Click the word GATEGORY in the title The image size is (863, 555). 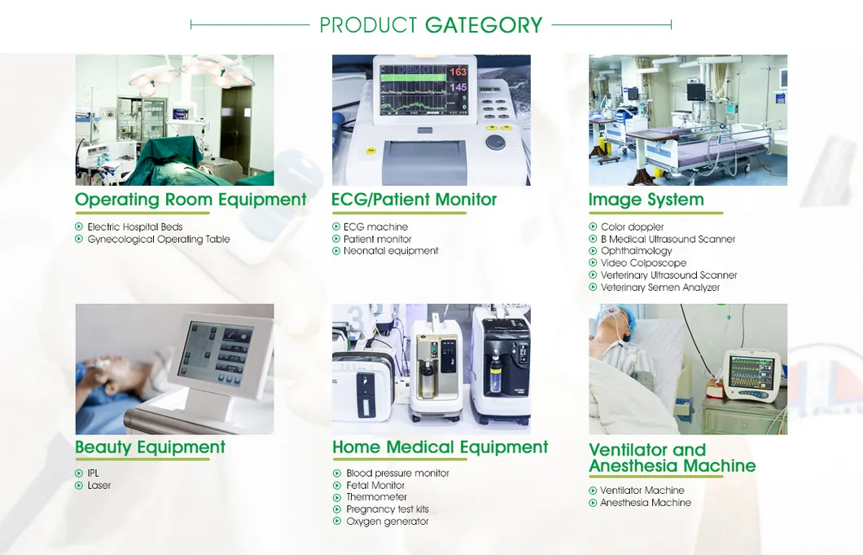tap(484, 25)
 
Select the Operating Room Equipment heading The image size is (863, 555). tap(191, 200)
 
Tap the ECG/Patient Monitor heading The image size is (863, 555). tap(414, 200)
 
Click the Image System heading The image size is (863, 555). tap(646, 200)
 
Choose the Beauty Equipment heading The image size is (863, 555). tap(150, 447)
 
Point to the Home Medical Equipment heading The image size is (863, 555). tap(440, 447)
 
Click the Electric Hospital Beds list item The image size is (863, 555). tap(134, 227)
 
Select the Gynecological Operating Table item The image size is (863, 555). tap(158, 240)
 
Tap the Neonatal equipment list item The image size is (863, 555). tap(391, 251)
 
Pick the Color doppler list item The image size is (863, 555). tap(632, 227)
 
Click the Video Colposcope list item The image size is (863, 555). tap(643, 263)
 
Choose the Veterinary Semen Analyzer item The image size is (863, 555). tap(659, 288)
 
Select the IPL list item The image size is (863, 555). tap(94, 474)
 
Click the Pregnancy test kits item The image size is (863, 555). tap(387, 509)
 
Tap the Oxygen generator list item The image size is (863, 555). tap(387, 522)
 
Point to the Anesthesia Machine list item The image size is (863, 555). tap(645, 503)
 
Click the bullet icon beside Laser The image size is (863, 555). tap(79, 486)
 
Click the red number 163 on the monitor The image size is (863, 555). tap(458, 73)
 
